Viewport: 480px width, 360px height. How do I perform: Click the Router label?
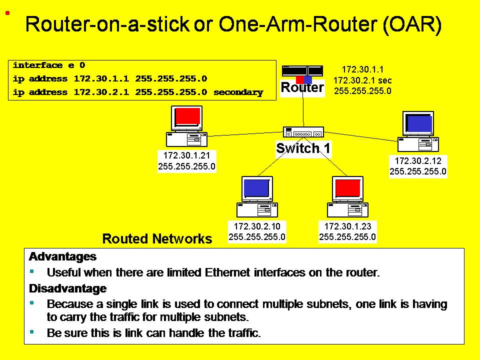(302, 88)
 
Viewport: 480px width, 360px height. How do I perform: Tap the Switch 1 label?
(303, 148)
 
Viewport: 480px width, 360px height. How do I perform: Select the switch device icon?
(303, 132)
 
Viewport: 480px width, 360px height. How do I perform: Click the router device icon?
(302, 71)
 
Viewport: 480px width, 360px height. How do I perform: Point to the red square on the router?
(299, 80)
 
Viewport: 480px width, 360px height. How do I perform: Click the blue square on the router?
(308, 80)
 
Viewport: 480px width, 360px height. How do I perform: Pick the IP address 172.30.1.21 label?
(186, 155)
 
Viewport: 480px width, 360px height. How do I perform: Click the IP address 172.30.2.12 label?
(418, 161)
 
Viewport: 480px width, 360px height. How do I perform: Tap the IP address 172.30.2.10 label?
(257, 226)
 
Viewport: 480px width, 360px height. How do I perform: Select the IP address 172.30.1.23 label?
(347, 226)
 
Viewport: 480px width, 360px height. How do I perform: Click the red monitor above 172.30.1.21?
(187, 117)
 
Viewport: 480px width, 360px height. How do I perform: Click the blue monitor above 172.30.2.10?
(257, 188)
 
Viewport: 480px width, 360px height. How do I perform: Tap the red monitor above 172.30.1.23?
(347, 188)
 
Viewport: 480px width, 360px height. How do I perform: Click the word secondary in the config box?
(238, 92)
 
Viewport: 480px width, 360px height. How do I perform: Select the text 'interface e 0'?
(49, 65)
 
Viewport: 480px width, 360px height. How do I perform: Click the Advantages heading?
(62, 257)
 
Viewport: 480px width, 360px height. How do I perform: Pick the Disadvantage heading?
(67, 288)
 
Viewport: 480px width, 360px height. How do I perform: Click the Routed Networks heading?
(157, 239)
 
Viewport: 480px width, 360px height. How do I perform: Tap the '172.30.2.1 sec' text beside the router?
(362, 80)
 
